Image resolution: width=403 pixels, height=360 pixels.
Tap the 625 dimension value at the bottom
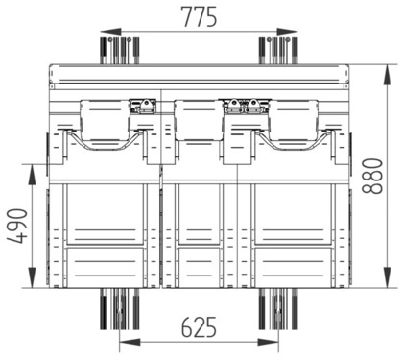(x=198, y=328)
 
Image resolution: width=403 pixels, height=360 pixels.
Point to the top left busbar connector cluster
(x=120, y=48)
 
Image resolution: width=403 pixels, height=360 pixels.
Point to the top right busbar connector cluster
(x=280, y=48)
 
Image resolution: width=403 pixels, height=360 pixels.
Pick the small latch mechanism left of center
(x=144, y=105)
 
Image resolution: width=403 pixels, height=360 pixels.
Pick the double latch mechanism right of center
(x=245, y=105)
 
